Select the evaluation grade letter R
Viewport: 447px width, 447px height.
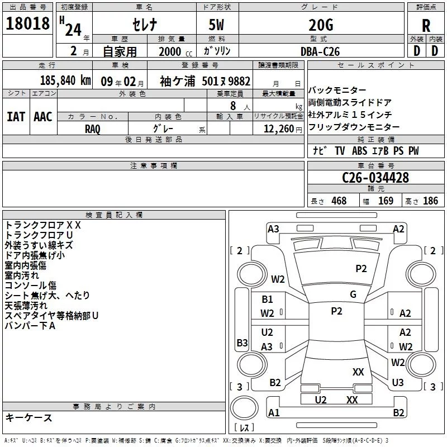(426, 25)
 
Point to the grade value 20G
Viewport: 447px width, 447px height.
(320, 25)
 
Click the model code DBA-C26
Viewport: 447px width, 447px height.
(319, 51)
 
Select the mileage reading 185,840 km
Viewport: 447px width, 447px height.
(65, 80)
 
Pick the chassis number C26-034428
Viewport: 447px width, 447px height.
(375, 178)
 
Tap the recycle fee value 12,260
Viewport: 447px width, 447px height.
(278, 129)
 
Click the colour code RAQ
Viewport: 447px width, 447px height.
(93, 129)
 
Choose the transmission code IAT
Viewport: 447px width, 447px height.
(16, 117)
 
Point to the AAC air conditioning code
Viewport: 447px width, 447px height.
(43, 117)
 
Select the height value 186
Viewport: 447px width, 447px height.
(430, 201)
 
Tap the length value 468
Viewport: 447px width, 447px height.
(339, 201)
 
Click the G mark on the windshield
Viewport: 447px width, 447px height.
(353, 294)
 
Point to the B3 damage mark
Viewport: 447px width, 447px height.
(242, 343)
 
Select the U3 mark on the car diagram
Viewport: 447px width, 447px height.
(398, 383)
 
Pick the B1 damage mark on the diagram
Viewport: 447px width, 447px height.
(268, 299)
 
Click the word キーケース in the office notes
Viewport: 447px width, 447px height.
(29, 418)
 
